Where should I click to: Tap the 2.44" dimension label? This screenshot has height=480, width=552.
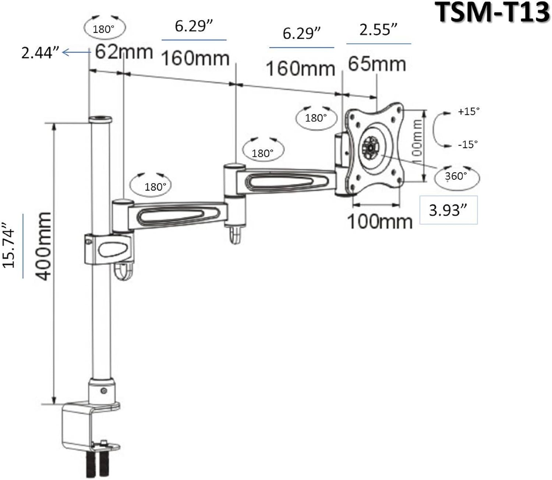[x=40, y=53]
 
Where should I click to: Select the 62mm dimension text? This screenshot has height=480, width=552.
[x=124, y=52]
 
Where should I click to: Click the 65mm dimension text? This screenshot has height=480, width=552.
[x=377, y=64]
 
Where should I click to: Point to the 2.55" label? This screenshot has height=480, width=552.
[x=378, y=30]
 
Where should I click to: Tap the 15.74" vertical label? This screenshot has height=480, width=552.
[x=10, y=245]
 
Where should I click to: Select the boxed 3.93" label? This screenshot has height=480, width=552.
[x=448, y=210]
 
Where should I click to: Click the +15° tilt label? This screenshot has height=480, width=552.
[x=468, y=111]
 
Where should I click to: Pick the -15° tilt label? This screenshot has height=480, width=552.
[x=468, y=144]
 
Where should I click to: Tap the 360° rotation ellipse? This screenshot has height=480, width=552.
[x=456, y=176]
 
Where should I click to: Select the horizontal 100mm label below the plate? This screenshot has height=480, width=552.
[x=379, y=222]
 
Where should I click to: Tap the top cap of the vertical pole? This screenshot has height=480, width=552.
[x=100, y=120]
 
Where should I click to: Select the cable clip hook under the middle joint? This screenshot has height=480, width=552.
[x=235, y=235]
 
